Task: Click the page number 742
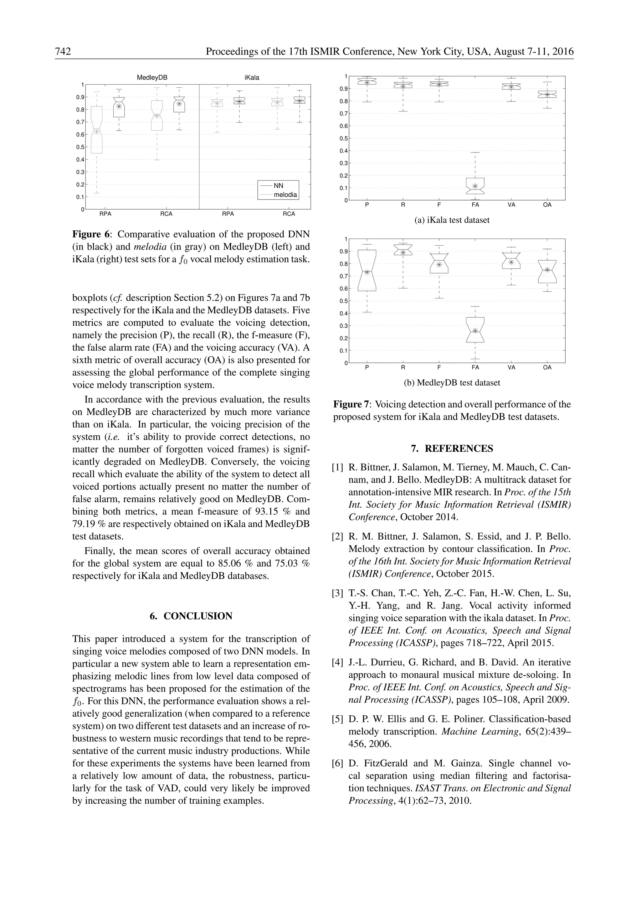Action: tap(63, 52)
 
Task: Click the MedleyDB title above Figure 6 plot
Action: tap(152, 78)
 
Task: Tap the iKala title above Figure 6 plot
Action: tap(252, 78)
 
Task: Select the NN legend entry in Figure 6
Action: tap(278, 186)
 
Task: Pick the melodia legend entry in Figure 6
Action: tap(285, 195)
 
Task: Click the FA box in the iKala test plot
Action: tap(475, 186)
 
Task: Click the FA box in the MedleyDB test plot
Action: tap(475, 330)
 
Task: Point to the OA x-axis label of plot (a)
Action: tap(547, 205)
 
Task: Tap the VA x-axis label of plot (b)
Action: tap(511, 367)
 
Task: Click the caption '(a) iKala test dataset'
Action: tap(452, 220)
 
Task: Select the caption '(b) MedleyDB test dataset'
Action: tap(452, 383)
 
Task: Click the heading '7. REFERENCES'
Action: tap(452, 448)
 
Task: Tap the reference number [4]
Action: tap(337, 662)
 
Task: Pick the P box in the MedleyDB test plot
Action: tap(367, 271)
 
